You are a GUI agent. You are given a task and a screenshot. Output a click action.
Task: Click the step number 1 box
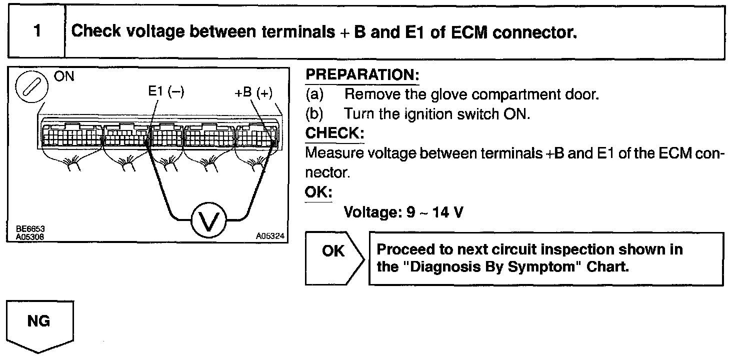tap(37, 32)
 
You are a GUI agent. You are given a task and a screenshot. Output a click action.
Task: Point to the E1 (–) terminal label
tap(166, 92)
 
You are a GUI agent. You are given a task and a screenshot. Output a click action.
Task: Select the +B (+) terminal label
tap(253, 93)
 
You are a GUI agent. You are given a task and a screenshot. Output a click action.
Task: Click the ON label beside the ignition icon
tap(64, 78)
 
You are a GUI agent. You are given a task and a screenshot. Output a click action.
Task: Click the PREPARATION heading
tap(362, 75)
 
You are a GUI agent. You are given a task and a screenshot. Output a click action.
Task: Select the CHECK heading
tap(334, 134)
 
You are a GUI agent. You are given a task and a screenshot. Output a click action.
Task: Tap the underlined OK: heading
tap(318, 192)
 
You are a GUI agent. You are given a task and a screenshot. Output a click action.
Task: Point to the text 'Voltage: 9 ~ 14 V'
tap(403, 212)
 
